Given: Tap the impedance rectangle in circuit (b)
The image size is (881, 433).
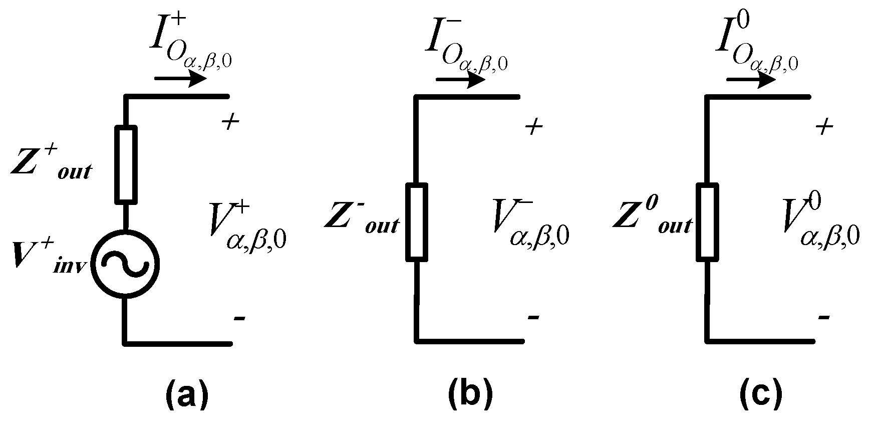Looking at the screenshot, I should [416, 223].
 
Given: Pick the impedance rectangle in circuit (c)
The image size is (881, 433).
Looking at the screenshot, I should [707, 223].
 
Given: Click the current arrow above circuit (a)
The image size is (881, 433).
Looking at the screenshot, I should [180, 79].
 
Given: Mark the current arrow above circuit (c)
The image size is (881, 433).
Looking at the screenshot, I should [751, 80].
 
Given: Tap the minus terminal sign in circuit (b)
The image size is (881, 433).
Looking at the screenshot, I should [533, 318].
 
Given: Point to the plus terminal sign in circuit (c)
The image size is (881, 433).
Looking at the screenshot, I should [824, 127].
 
